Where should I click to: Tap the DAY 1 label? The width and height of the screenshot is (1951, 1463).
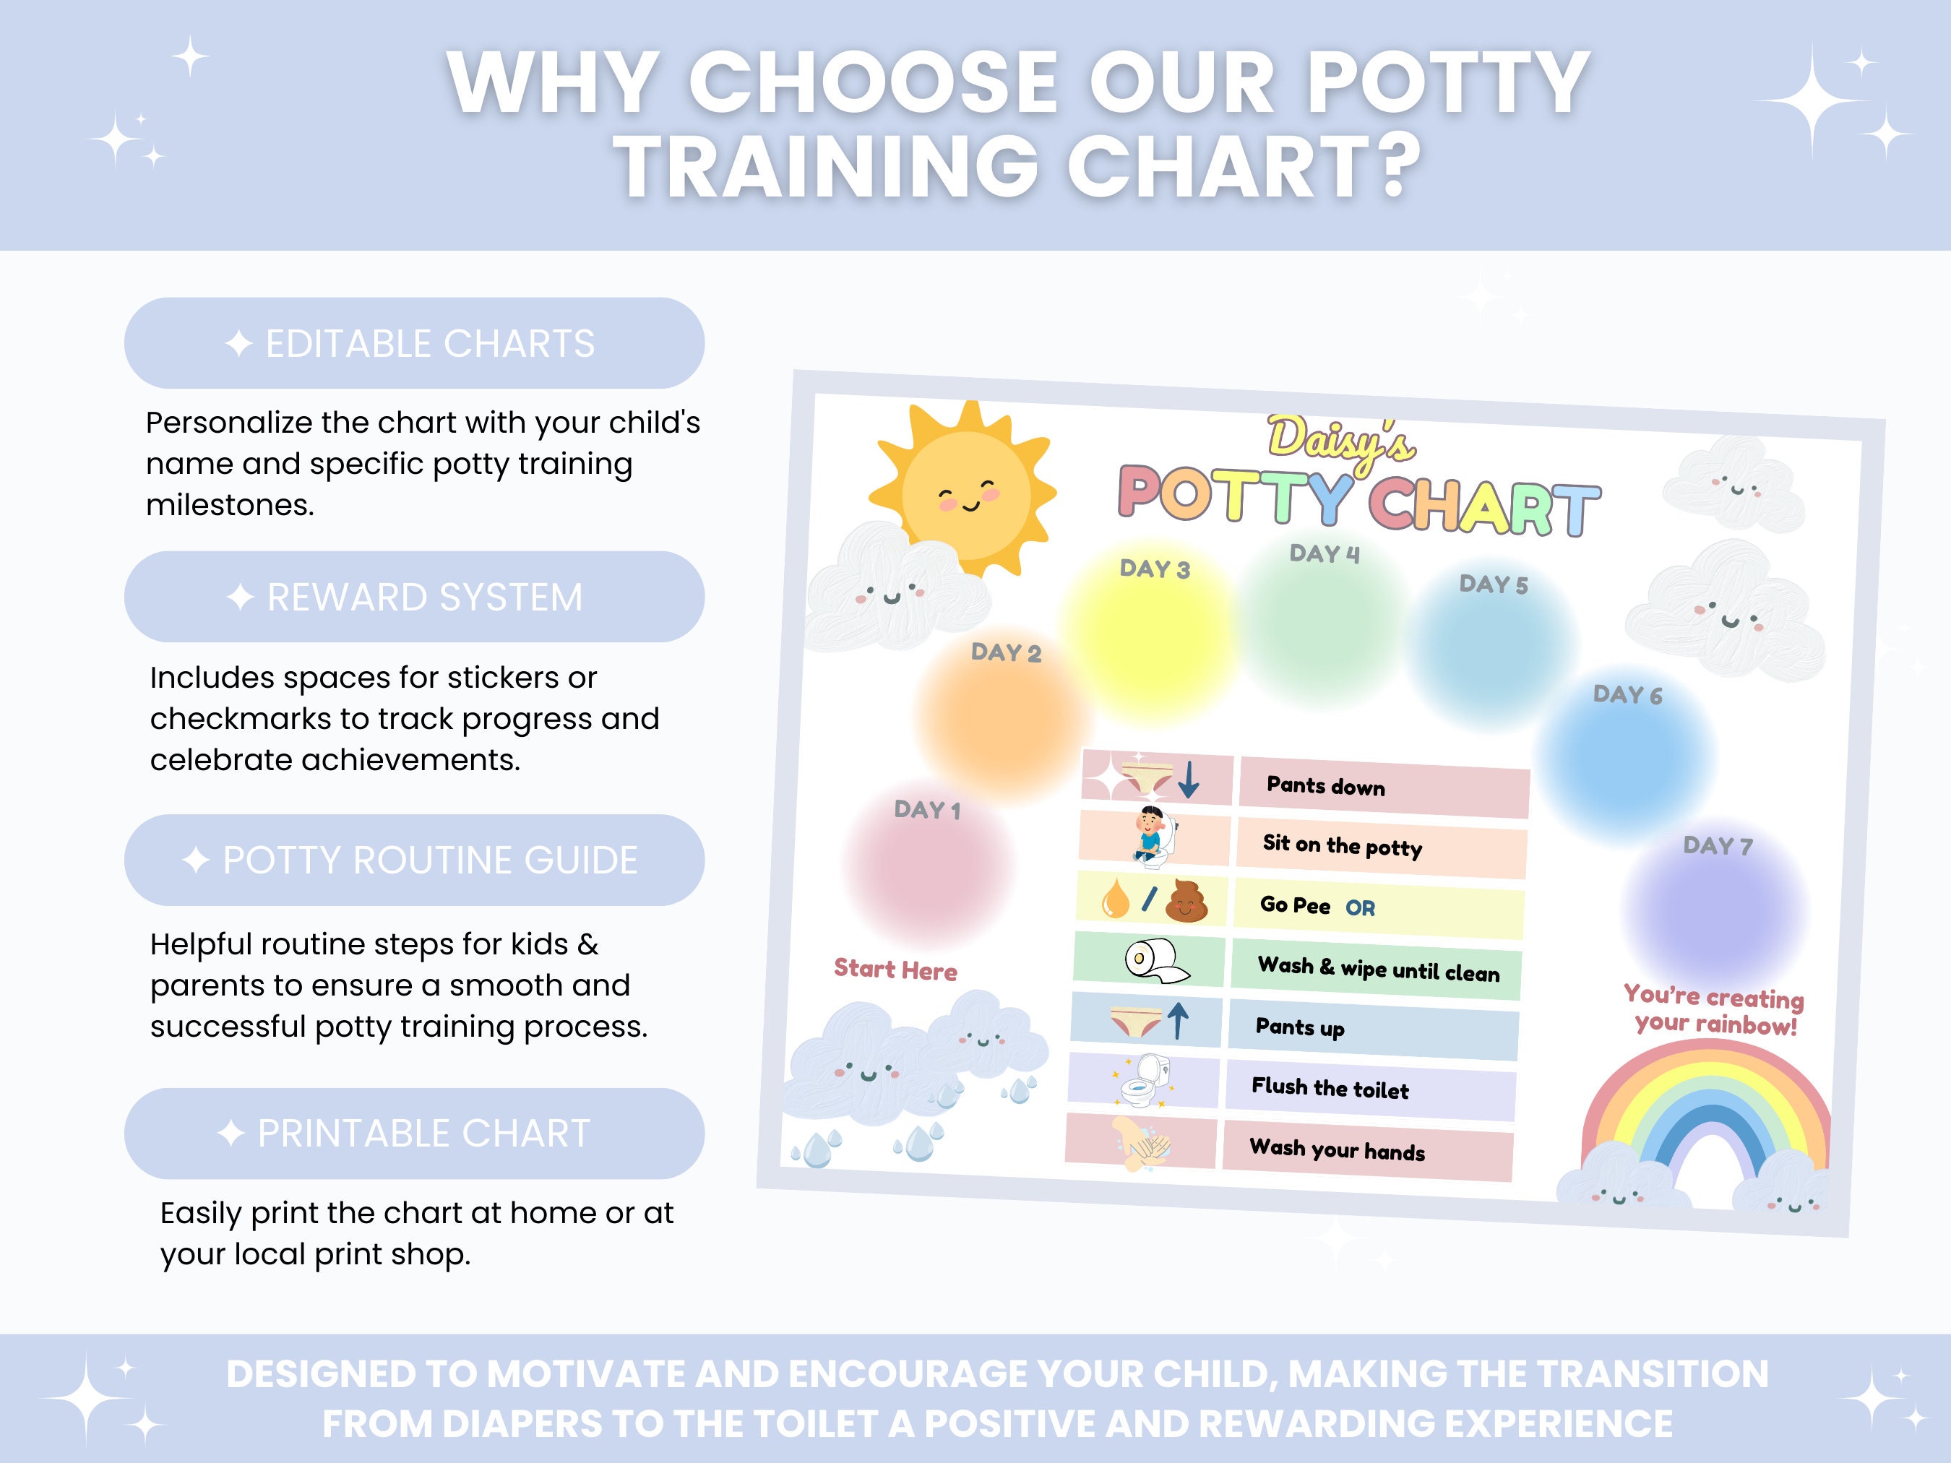(x=926, y=810)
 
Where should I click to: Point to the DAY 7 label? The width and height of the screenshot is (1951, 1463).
(x=1718, y=846)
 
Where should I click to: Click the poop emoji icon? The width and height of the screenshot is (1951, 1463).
(x=1186, y=901)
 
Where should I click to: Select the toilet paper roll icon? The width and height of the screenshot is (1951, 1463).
(x=1155, y=959)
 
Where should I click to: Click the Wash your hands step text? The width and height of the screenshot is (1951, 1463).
(x=1336, y=1149)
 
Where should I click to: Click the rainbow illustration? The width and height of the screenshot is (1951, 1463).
(x=1707, y=1120)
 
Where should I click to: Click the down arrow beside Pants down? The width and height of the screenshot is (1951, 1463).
(x=1189, y=780)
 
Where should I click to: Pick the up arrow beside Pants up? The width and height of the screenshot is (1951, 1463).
(x=1178, y=1021)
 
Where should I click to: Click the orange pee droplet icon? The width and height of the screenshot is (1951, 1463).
(x=1115, y=899)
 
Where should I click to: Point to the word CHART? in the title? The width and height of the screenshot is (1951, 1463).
(x=1244, y=165)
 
